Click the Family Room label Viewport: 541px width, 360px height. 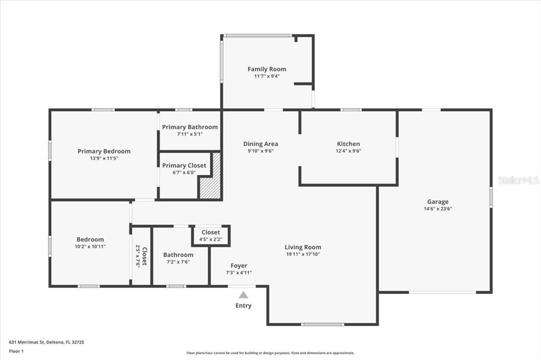coord(267,69)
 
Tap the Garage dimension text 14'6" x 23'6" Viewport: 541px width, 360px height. coord(438,209)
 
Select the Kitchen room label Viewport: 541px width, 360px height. coord(349,144)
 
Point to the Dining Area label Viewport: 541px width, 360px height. coord(260,144)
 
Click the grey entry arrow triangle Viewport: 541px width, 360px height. coord(244,295)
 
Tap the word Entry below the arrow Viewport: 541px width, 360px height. coord(244,306)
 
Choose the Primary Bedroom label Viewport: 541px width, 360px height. coord(104,151)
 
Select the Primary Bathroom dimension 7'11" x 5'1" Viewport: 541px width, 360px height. coord(190,134)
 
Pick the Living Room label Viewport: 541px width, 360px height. coord(303,247)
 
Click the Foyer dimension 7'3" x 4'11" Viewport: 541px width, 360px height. coord(239,273)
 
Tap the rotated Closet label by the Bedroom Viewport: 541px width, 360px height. coord(145,256)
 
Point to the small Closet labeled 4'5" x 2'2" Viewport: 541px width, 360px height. coord(210,235)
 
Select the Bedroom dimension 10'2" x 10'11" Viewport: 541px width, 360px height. coord(90,247)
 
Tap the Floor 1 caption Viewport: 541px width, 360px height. coord(16,352)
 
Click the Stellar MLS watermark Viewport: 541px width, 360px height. coord(519,180)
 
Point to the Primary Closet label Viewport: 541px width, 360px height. coord(184,166)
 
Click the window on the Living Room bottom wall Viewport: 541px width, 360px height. coord(322,325)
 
